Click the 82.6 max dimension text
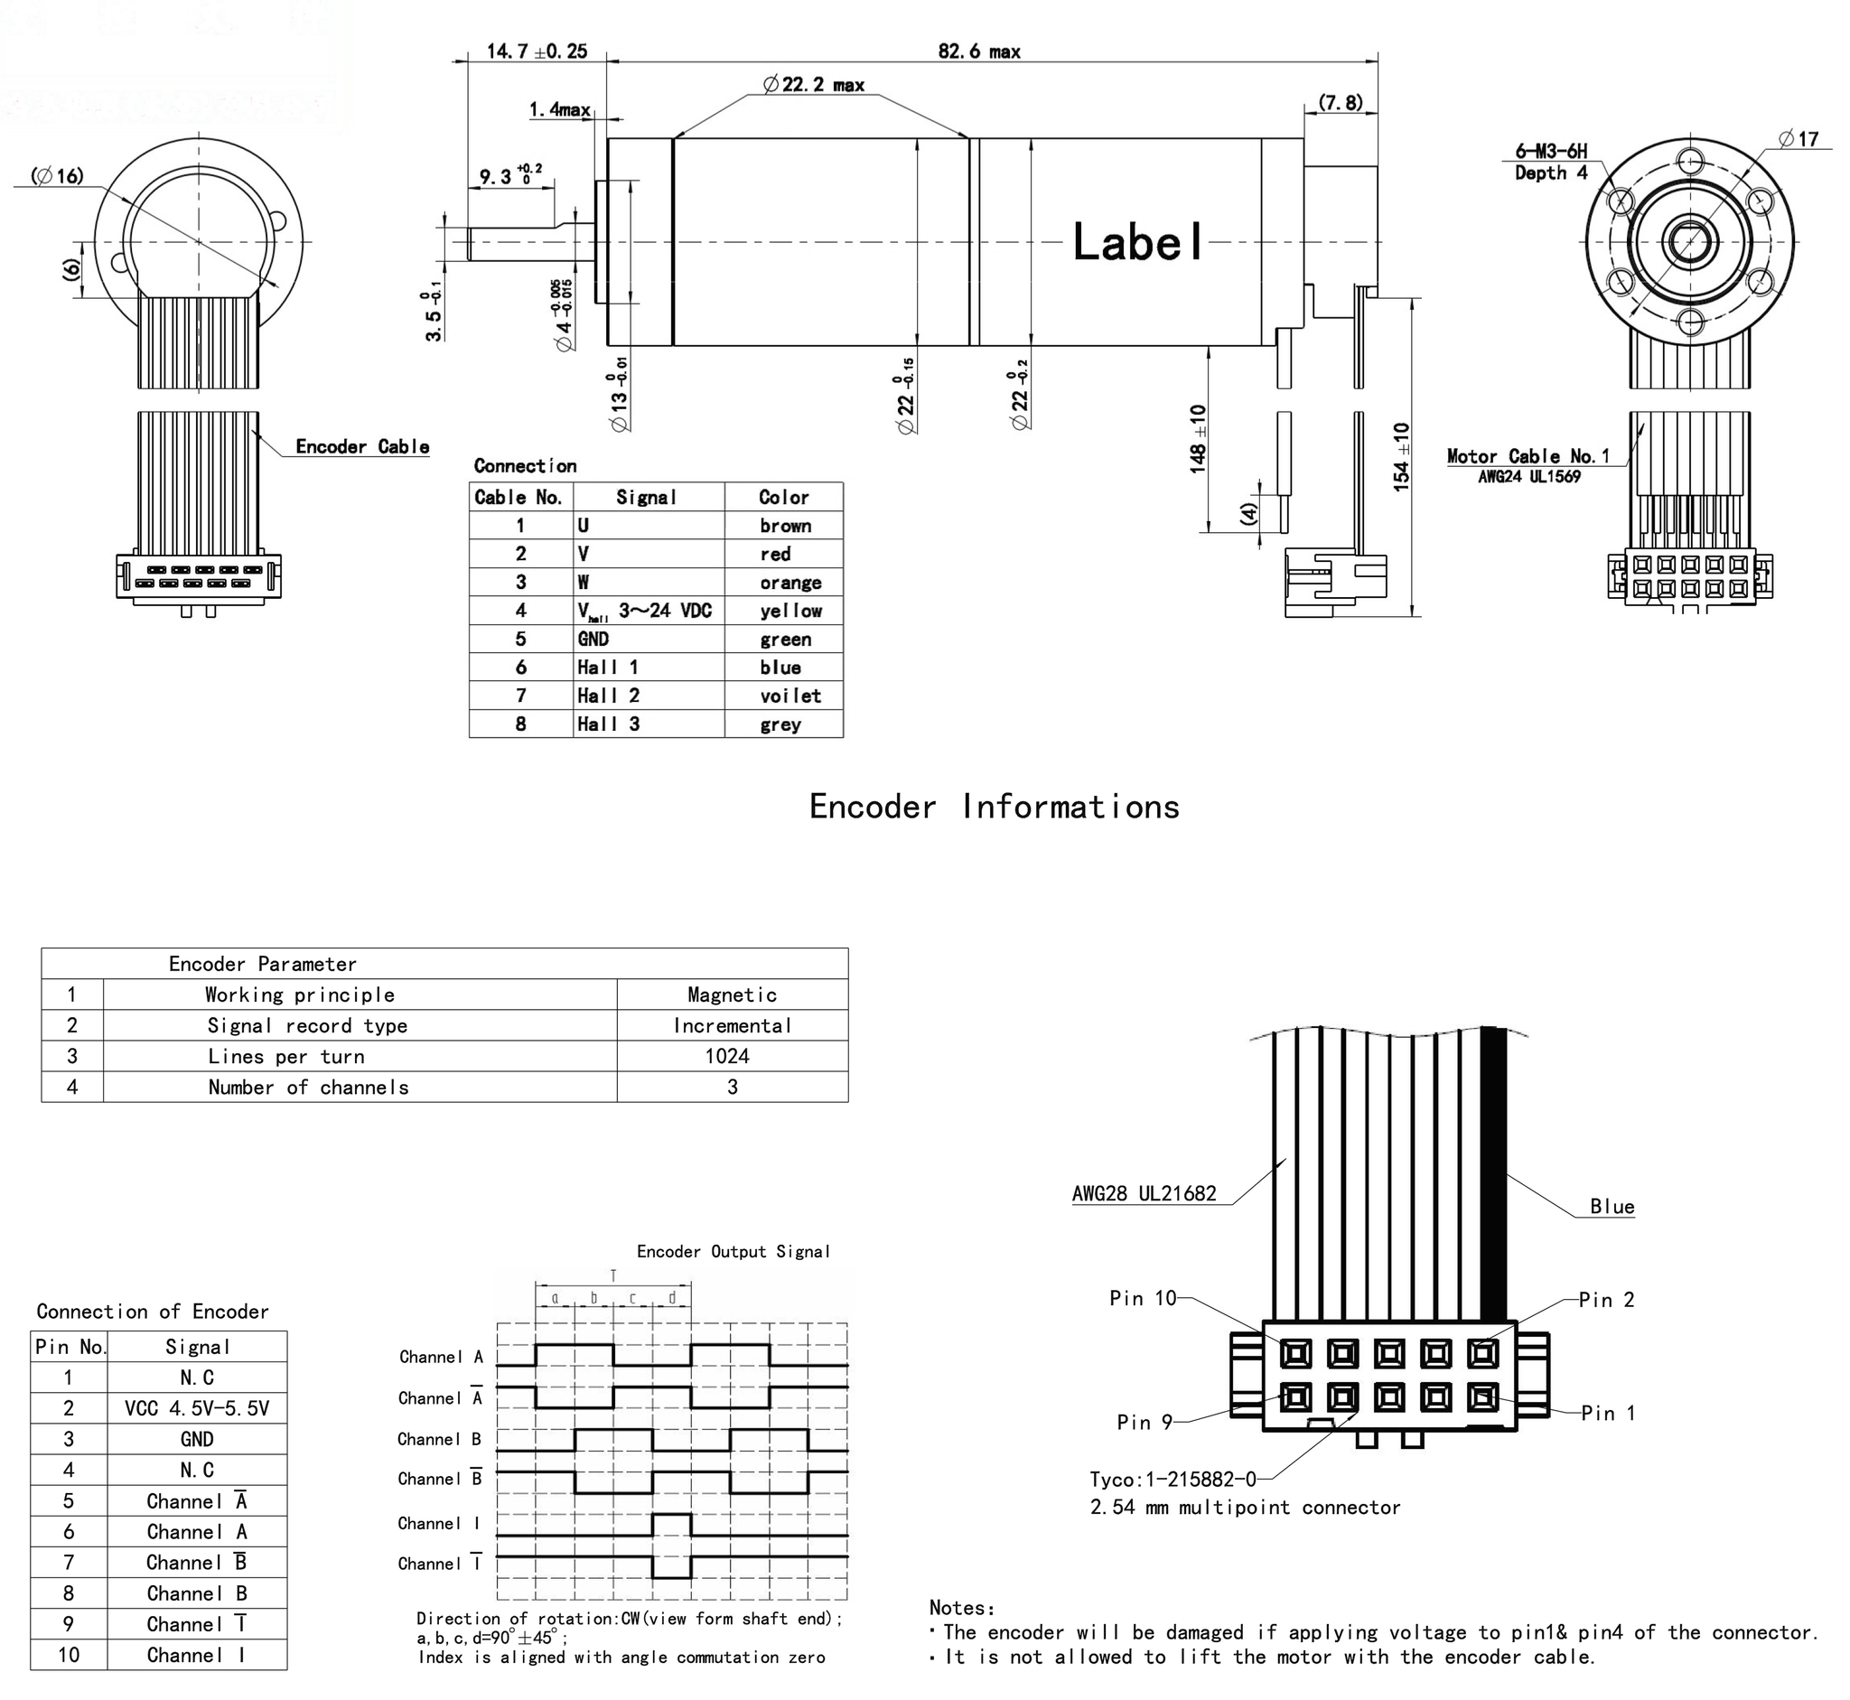click(x=979, y=51)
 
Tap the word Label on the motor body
click(x=1138, y=243)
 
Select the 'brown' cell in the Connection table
click(x=785, y=527)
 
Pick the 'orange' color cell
click(x=790, y=584)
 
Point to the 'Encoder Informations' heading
click(x=994, y=807)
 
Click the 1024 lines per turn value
click(x=727, y=1056)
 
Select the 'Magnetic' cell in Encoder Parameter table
click(x=732, y=995)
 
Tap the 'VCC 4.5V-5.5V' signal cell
click(x=197, y=1408)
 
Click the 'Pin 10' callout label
click(x=1143, y=1298)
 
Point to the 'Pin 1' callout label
click(x=1608, y=1413)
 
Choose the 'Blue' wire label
click(x=1612, y=1207)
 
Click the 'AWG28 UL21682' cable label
click(x=1144, y=1193)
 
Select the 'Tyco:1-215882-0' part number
click(x=1172, y=1480)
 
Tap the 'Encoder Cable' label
click(x=362, y=447)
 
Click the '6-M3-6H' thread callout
click(x=1551, y=152)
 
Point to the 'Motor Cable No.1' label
click(x=1528, y=456)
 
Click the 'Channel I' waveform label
click(x=439, y=1523)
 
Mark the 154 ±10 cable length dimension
click(x=1401, y=456)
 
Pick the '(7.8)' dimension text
click(x=1341, y=102)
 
